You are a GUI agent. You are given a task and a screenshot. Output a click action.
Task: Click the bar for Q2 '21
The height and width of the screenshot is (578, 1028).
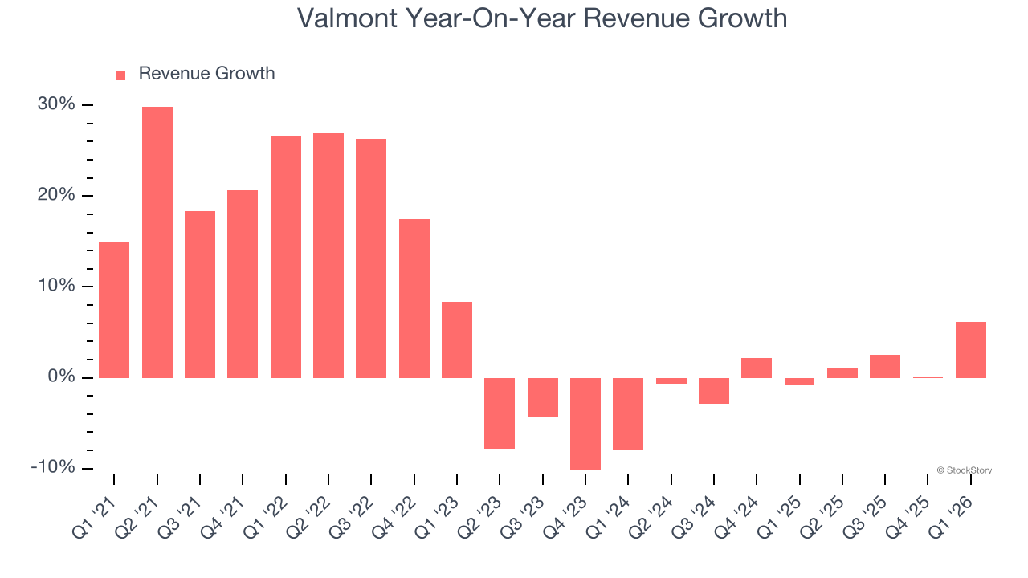click(x=157, y=242)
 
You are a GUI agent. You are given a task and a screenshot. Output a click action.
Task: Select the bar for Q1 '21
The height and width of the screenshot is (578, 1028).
click(x=114, y=310)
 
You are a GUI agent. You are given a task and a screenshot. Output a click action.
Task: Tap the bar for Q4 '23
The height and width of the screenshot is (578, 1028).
click(x=585, y=424)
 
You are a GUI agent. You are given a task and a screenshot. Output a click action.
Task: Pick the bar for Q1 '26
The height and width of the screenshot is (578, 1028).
click(x=971, y=350)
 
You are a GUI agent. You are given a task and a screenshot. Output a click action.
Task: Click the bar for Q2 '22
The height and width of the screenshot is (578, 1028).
click(x=328, y=255)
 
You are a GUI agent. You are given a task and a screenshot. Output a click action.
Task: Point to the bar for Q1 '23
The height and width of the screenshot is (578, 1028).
click(x=457, y=340)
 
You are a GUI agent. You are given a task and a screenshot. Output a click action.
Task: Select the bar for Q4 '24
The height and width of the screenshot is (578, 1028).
click(x=757, y=368)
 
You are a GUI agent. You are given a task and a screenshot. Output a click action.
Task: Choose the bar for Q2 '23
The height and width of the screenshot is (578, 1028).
click(x=500, y=413)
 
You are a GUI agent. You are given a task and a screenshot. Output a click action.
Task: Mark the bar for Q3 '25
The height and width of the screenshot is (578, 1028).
click(x=885, y=366)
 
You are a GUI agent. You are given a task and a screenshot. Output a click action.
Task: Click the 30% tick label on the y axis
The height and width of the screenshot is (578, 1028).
click(x=56, y=105)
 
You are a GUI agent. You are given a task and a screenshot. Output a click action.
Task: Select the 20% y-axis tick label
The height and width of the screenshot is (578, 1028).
click(x=56, y=196)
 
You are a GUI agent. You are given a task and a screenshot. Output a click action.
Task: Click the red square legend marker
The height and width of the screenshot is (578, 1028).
click(x=120, y=75)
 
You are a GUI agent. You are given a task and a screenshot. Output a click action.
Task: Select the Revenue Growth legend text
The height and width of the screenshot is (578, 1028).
click(x=206, y=74)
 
